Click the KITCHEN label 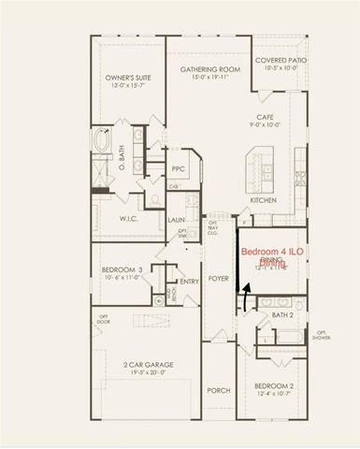(263, 201)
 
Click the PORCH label (218, 391)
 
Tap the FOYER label (219, 279)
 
